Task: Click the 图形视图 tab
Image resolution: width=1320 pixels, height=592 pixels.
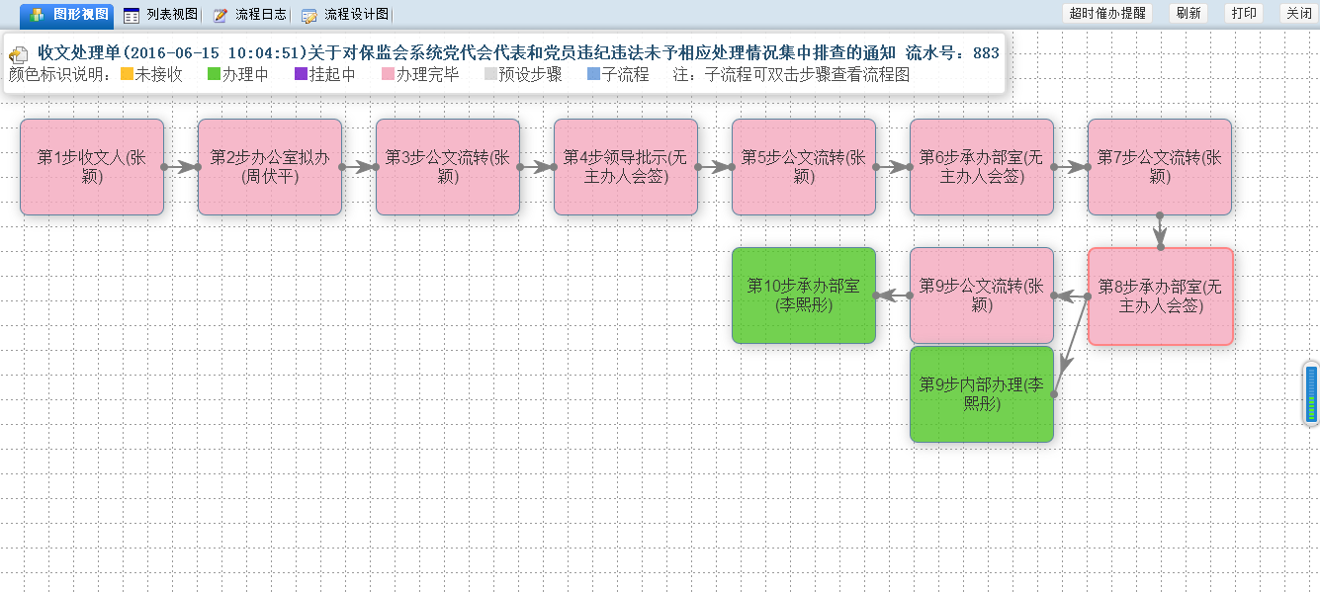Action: click(x=67, y=14)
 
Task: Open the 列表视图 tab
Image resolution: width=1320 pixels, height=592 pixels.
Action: click(x=160, y=15)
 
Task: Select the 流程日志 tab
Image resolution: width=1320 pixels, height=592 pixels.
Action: click(x=249, y=15)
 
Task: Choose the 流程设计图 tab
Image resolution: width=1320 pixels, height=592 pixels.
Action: click(x=345, y=15)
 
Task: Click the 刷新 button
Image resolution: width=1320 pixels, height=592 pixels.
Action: click(x=1188, y=13)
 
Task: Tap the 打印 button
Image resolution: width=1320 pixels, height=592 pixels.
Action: click(x=1244, y=13)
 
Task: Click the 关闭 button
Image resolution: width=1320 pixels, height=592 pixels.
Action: click(x=1298, y=13)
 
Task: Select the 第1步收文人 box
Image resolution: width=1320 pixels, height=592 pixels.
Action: click(x=92, y=167)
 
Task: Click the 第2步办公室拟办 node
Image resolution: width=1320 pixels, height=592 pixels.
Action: click(x=270, y=167)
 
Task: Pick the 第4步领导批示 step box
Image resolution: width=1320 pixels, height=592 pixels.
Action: click(x=626, y=167)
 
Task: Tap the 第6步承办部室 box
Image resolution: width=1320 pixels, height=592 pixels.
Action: click(x=982, y=167)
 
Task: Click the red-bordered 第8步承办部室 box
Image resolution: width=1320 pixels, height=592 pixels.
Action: click(x=1160, y=296)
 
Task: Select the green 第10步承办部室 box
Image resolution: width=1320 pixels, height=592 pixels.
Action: click(x=804, y=296)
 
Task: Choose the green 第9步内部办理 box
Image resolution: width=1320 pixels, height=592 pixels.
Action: click(x=982, y=394)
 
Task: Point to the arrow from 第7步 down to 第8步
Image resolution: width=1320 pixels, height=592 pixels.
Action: click(x=1160, y=232)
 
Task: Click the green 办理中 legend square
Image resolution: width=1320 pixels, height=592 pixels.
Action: click(x=214, y=74)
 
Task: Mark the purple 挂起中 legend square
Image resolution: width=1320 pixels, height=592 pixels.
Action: click(x=301, y=74)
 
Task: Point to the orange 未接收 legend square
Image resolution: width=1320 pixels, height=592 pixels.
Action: click(x=127, y=74)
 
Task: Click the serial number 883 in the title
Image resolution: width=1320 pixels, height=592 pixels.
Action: click(x=986, y=52)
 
